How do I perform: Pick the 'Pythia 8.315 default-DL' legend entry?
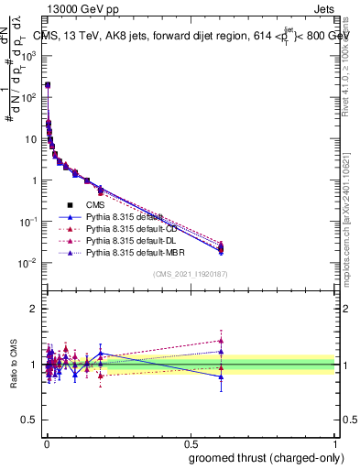[124, 239]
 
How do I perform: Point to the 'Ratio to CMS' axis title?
[14, 365]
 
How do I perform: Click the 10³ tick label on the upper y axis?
[29, 56]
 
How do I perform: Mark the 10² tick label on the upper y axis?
[29, 97]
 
